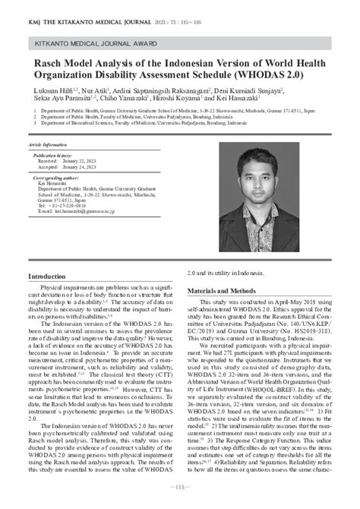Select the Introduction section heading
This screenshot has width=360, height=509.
pos(47,277)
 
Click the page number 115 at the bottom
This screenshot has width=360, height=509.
pos(180,487)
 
